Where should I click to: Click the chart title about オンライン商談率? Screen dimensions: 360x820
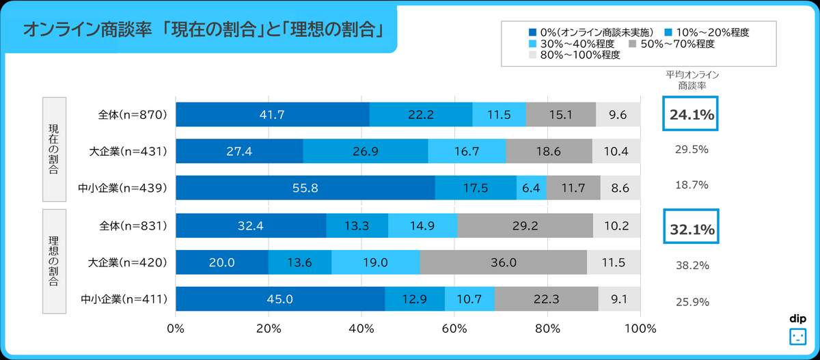click(202, 30)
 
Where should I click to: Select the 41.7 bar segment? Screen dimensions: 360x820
click(273, 115)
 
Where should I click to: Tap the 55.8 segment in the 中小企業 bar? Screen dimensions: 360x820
click(305, 188)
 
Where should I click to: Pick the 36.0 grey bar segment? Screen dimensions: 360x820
click(503, 262)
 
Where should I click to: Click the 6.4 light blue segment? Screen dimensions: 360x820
click(531, 188)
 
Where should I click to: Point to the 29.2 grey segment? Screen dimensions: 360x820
click(525, 225)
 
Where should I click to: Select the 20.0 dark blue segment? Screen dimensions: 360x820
click(222, 262)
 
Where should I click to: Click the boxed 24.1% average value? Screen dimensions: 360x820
click(692, 115)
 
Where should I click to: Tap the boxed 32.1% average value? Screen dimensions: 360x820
click(692, 230)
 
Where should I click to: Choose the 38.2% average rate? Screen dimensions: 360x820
click(692, 265)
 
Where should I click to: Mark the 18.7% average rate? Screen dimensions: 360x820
click(692, 185)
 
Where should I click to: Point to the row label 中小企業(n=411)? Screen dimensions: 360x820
click(124, 299)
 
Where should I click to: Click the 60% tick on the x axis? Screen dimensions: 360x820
click(454, 328)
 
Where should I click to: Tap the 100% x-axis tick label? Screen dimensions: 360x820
click(640, 328)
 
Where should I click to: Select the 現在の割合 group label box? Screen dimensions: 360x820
click(54, 149)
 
